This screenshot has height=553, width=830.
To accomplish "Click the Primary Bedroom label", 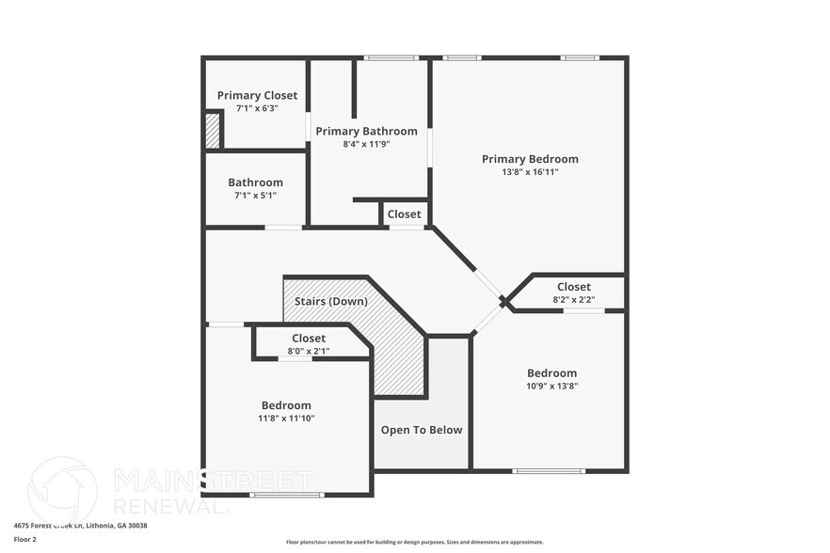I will pyautogui.click(x=530, y=159).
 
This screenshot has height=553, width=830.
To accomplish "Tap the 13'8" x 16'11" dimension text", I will pyautogui.click(x=530, y=172).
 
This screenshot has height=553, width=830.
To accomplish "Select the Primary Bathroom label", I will pyautogui.click(x=366, y=131).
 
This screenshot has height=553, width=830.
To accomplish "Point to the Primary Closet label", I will pyautogui.click(x=257, y=95).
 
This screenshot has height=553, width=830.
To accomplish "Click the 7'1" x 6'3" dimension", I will pyautogui.click(x=257, y=108).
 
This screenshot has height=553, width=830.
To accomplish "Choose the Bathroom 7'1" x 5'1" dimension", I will pyautogui.click(x=255, y=196).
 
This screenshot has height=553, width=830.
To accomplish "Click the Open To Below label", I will pyautogui.click(x=422, y=430).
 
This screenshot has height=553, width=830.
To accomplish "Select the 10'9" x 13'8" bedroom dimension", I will pyautogui.click(x=551, y=386).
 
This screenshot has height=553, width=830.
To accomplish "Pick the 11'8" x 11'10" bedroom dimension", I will pyautogui.click(x=286, y=418).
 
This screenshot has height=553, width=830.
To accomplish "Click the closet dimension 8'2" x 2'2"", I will pyautogui.click(x=573, y=300).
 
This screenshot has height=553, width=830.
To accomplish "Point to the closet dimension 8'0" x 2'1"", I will pyautogui.click(x=309, y=351).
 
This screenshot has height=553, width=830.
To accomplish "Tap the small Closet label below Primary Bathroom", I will pyautogui.click(x=405, y=214).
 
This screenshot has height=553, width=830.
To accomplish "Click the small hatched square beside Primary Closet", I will pyautogui.click(x=213, y=131).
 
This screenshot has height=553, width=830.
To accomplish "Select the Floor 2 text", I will pyautogui.click(x=24, y=539).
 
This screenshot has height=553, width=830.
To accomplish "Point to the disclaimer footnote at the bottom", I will pyautogui.click(x=414, y=542).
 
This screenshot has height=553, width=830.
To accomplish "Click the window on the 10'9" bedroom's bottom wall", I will pyautogui.click(x=548, y=470).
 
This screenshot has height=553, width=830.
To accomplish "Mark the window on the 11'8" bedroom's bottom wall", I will pyautogui.click(x=286, y=495).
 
